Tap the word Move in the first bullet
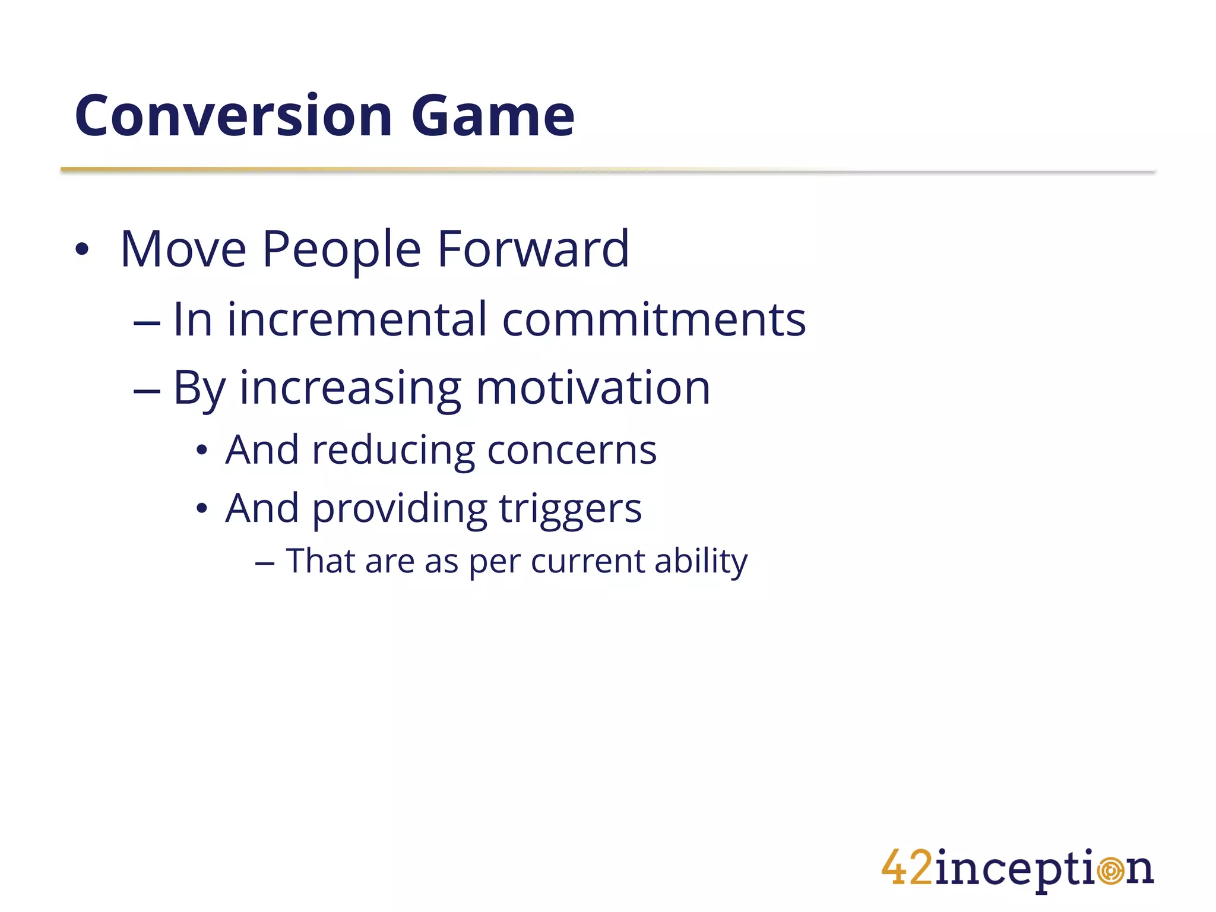pyautogui.click(x=183, y=249)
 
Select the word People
pyautogui.click(x=341, y=251)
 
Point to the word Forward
pyautogui.click(x=533, y=249)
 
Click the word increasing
pyautogui.click(x=350, y=389)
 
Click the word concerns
pyautogui.click(x=572, y=451)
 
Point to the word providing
pyautogui.click(x=399, y=509)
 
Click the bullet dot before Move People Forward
pyautogui.click(x=82, y=250)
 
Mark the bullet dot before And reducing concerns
pyautogui.click(x=202, y=451)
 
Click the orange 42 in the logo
pyautogui.click(x=907, y=868)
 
